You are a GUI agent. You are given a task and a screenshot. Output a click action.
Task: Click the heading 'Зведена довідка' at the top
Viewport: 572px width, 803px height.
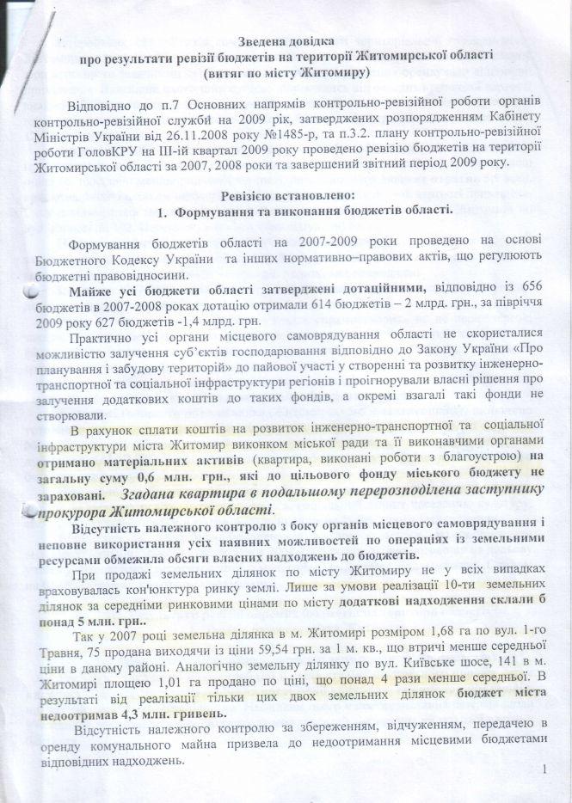click(286, 40)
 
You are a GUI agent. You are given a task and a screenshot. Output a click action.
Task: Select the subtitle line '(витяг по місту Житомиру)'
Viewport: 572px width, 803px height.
click(286, 74)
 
